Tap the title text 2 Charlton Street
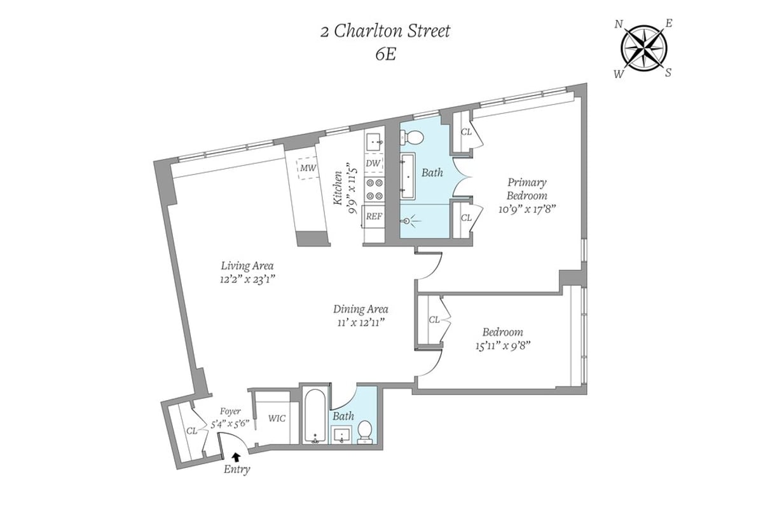point(385,31)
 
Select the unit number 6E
point(385,54)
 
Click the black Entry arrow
point(237,455)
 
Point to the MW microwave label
point(308,168)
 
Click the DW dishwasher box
point(374,163)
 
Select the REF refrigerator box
point(374,216)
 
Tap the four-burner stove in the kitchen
point(374,189)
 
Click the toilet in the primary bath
point(414,137)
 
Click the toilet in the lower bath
point(365,430)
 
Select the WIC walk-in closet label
point(277,418)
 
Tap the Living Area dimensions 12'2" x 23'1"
point(248,279)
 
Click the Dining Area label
point(361,309)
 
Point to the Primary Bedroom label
point(526,189)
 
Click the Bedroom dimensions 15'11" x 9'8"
point(502,345)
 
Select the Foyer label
point(230,411)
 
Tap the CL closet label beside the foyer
point(192,430)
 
